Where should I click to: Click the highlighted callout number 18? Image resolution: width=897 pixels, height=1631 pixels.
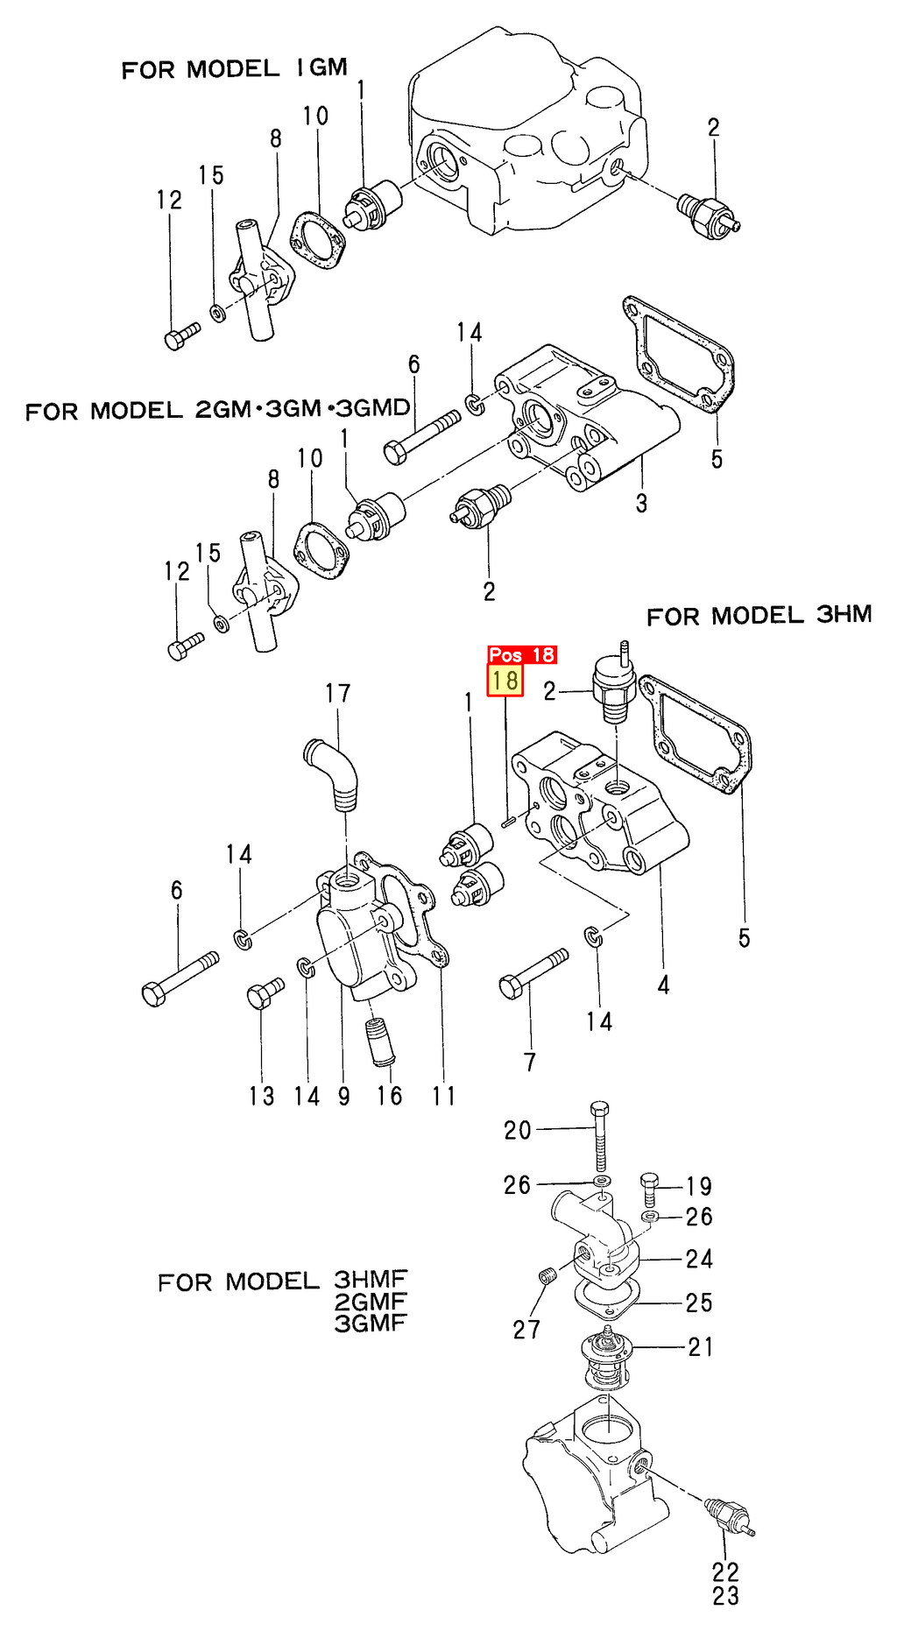pyautogui.click(x=505, y=681)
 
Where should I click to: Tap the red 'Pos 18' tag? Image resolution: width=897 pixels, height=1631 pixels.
pyautogui.click(x=522, y=654)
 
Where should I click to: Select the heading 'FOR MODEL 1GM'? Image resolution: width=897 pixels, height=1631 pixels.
pyautogui.click(x=235, y=68)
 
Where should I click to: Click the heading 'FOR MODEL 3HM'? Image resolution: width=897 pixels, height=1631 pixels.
pyautogui.click(x=759, y=616)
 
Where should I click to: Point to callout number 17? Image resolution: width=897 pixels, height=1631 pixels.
pyautogui.click(x=338, y=694)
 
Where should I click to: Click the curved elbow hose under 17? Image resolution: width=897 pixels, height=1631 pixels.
pyautogui.click(x=335, y=773)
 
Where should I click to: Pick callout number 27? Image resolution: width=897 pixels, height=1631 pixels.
pyautogui.click(x=526, y=1330)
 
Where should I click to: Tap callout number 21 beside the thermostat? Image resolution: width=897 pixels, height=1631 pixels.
pyautogui.click(x=701, y=1346)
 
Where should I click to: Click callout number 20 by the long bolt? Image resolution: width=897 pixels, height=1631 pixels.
pyautogui.click(x=518, y=1130)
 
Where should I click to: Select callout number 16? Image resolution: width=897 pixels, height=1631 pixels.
pyautogui.click(x=390, y=1096)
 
